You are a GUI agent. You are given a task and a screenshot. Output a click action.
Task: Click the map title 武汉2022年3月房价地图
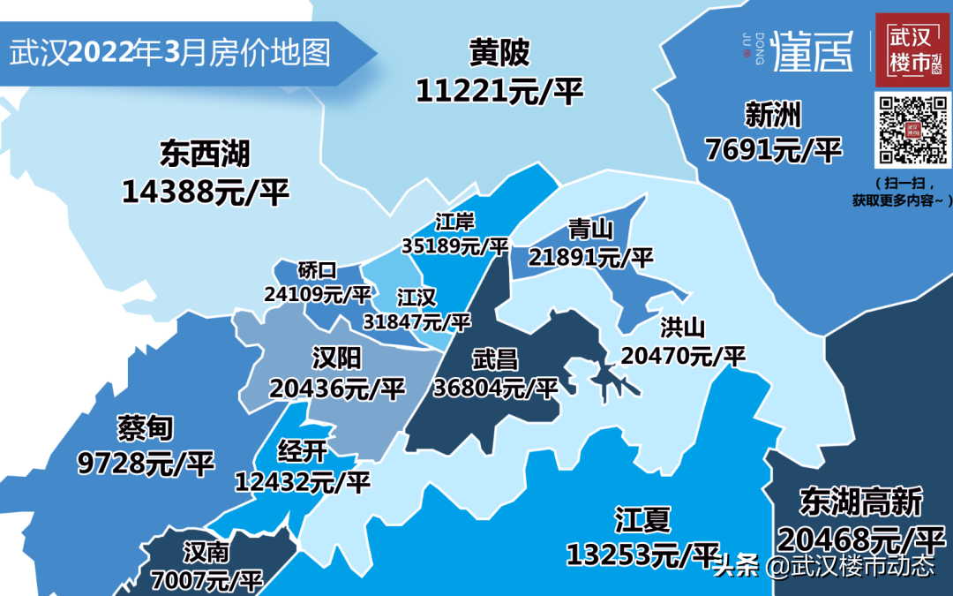click(170, 53)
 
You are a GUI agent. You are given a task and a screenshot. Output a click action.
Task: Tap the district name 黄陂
click(499, 54)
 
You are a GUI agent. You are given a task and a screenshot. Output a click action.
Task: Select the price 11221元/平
click(499, 90)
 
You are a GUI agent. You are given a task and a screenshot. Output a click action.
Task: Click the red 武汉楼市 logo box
click(912, 50)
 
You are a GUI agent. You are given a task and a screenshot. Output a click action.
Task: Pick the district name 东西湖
click(205, 155)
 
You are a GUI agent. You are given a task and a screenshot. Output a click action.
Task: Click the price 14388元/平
click(205, 191)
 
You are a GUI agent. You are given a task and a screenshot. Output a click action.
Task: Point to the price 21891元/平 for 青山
click(590, 257)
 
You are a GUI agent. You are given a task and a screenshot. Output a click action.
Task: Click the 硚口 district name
click(318, 269)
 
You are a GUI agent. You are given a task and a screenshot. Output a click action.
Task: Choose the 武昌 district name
click(495, 359)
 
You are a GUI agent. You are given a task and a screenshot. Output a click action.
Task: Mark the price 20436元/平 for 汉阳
click(336, 388)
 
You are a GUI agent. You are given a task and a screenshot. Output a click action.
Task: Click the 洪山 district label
click(683, 328)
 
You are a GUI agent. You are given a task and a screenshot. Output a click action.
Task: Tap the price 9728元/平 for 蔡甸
click(146, 464)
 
